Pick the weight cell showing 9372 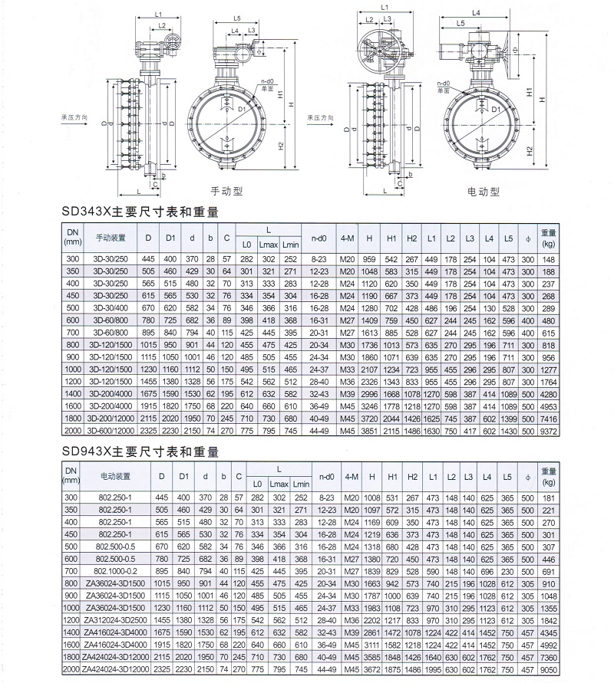tap(548, 431)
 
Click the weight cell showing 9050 tap(548, 668)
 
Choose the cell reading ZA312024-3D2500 tap(108, 619)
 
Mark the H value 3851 tap(370, 431)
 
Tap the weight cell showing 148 tap(548, 259)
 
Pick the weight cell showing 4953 tap(548, 406)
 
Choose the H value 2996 tap(370, 393)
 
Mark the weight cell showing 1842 tap(548, 619)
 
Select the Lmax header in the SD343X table tap(267, 245)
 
